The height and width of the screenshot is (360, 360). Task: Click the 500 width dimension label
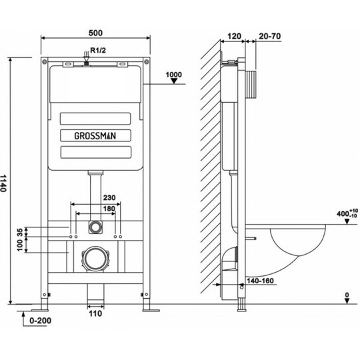point(95,33)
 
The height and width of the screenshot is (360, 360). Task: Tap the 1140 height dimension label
point(3,183)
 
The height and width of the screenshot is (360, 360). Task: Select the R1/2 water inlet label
point(98,50)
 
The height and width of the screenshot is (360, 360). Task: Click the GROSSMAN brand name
point(95,136)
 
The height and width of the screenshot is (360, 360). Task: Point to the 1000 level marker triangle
point(174,81)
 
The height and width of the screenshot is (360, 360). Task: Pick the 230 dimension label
point(109,198)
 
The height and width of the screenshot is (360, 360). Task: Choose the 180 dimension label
point(109,209)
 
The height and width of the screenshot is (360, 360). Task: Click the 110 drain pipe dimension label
point(95,313)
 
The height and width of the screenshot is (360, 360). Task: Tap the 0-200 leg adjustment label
point(41,321)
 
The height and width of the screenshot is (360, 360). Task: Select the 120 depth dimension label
point(234,36)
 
